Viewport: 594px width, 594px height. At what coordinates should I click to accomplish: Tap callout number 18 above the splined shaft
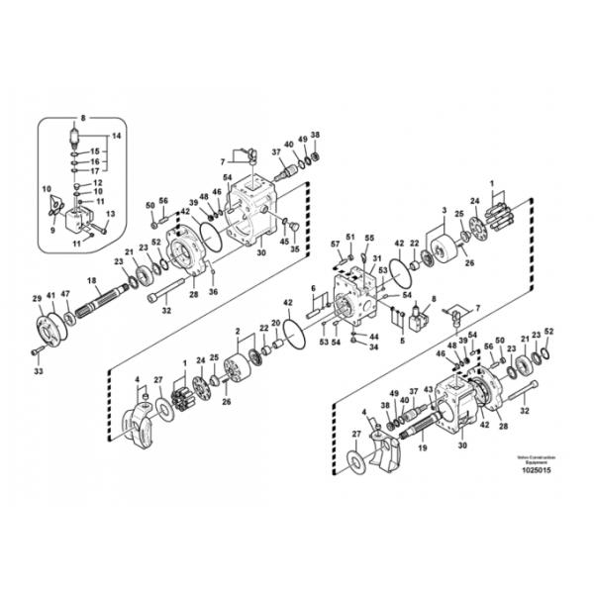[92, 282]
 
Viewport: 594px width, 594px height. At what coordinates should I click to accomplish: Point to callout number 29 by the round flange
[37, 298]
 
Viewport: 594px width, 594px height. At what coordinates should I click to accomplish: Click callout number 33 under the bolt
[38, 371]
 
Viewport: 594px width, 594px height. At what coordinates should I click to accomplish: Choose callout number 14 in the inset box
[116, 135]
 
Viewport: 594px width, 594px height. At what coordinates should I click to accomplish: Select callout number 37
[276, 152]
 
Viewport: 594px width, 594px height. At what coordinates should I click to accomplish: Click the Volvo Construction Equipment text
[536, 459]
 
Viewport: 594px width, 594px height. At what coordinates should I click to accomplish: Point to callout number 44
[374, 337]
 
